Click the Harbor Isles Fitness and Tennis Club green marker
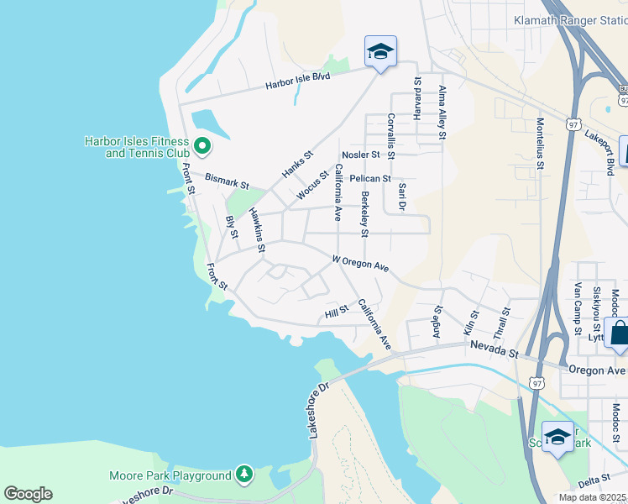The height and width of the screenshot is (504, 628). pyautogui.click(x=201, y=147)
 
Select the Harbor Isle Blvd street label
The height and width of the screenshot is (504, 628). pyautogui.click(x=298, y=81)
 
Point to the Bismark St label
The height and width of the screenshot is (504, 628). pyautogui.click(x=228, y=181)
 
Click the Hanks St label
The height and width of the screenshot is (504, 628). pyautogui.click(x=297, y=164)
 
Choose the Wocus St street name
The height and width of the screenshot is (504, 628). pyautogui.click(x=312, y=186)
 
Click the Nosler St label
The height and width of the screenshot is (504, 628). pyautogui.click(x=362, y=155)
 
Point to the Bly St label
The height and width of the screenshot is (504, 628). pyautogui.click(x=232, y=228)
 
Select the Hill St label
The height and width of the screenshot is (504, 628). pyautogui.click(x=336, y=313)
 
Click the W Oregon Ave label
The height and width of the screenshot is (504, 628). pyautogui.click(x=361, y=264)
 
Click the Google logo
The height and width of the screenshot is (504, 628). pyautogui.click(x=28, y=494)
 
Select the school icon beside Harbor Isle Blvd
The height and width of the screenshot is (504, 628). pyautogui.click(x=380, y=52)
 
